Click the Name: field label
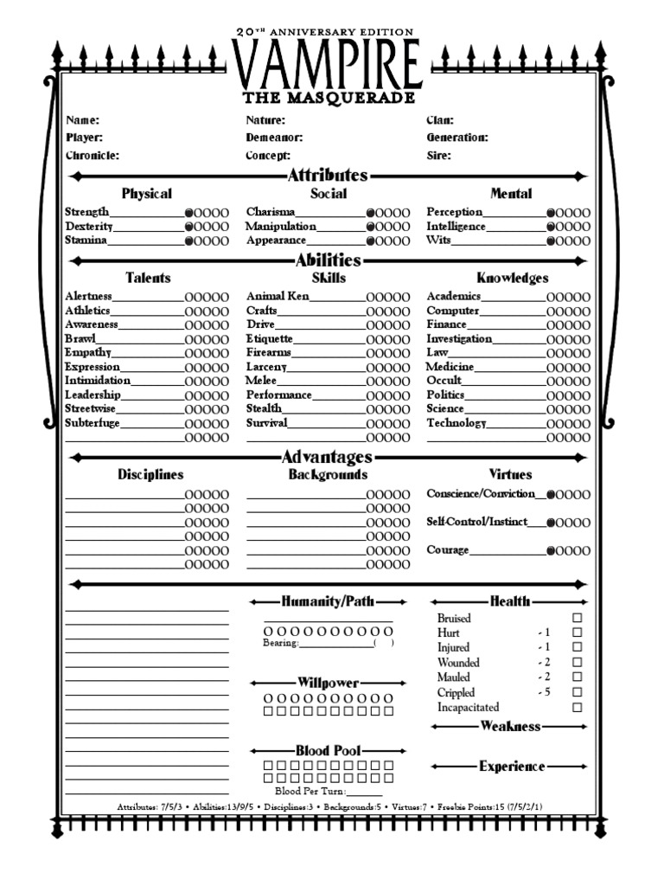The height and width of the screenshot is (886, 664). pos(83,120)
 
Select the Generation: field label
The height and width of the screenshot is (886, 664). pos(457,138)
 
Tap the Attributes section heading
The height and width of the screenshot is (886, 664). pos(327,176)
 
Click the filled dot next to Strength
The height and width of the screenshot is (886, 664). pos(188,213)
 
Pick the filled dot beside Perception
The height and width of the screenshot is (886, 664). pos(551,213)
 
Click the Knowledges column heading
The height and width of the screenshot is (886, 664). pos(512,279)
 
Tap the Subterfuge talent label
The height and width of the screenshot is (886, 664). pos(93,424)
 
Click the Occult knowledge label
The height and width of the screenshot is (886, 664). pos(444,381)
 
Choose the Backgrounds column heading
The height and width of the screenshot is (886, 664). pos(328,475)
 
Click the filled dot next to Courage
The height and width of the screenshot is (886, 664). pos(551,551)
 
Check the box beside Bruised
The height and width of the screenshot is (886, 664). pos(578,619)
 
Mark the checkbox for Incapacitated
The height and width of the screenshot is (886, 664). pos(578,708)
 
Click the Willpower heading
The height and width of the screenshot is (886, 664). pos(328,684)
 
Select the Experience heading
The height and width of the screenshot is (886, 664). pos(512,767)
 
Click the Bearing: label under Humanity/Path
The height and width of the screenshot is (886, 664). pos(281,644)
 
